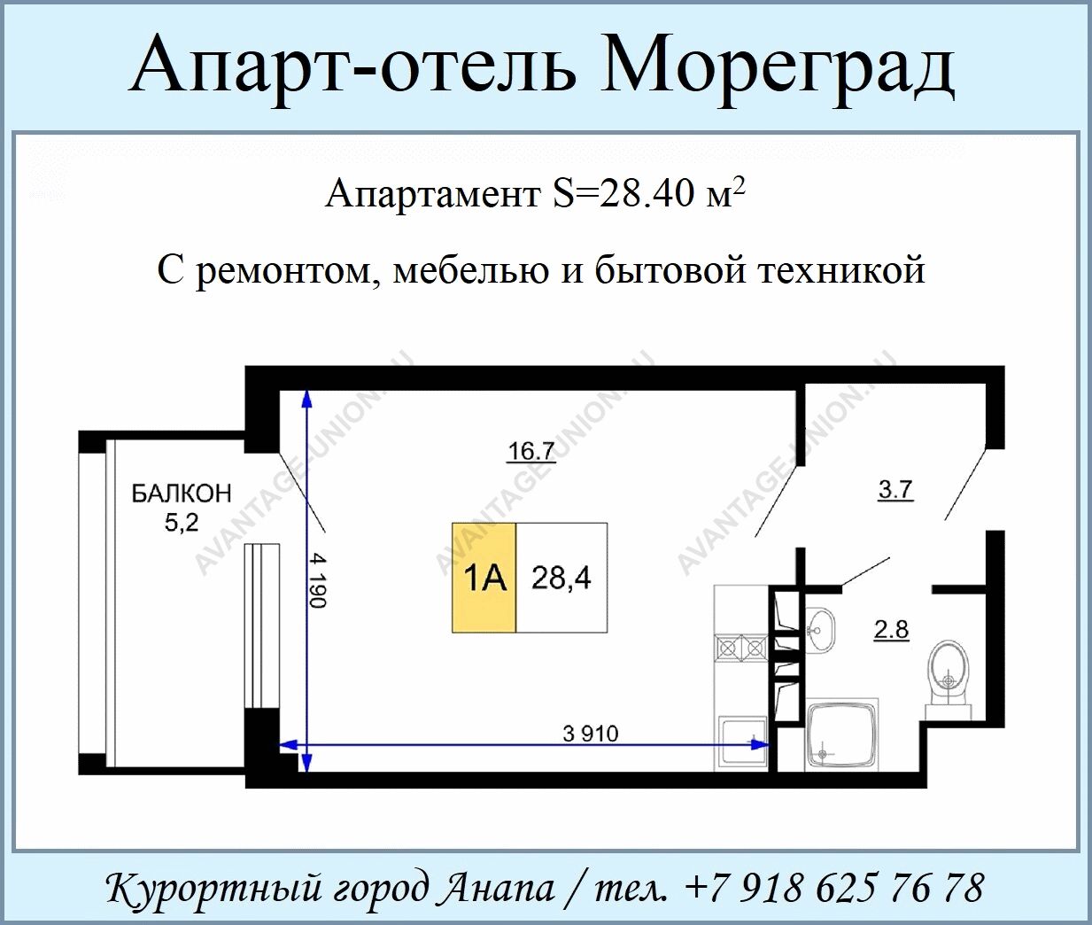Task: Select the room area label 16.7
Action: point(530,452)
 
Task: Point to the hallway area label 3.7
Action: point(895,490)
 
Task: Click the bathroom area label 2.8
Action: point(891,630)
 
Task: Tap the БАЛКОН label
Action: point(182,494)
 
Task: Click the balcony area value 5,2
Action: point(182,523)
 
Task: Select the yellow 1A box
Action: point(484,578)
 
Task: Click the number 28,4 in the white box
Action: point(561,579)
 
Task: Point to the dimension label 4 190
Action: point(320,581)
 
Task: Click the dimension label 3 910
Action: point(590,735)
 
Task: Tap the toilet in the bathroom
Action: point(949,678)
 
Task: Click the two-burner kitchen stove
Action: point(740,648)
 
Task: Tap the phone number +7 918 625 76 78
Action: point(835,888)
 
